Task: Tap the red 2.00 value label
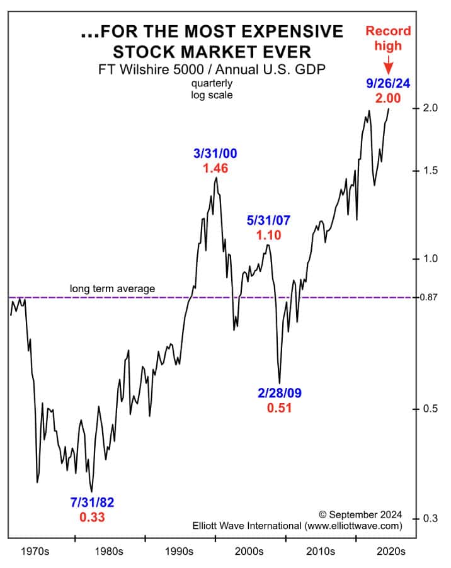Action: click(x=388, y=98)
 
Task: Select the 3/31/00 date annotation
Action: click(x=216, y=153)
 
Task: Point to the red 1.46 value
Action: click(x=216, y=168)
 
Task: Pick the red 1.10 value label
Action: click(x=269, y=236)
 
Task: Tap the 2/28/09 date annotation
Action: click(x=280, y=393)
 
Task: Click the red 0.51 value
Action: click(x=280, y=408)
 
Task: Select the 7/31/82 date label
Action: click(x=93, y=503)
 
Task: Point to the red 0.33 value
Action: click(x=92, y=518)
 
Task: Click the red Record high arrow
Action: click(x=389, y=63)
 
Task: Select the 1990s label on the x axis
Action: click(x=180, y=552)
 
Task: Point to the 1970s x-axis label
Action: click(x=35, y=552)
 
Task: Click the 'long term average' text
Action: click(x=112, y=288)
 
